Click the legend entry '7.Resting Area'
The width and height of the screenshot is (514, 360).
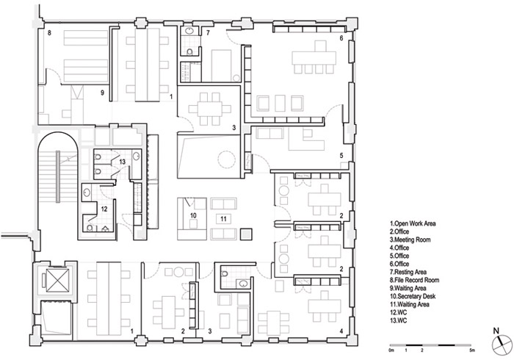point(408,272)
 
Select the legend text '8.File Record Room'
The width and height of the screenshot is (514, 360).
point(414,280)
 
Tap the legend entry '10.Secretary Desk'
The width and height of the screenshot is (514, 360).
point(413,296)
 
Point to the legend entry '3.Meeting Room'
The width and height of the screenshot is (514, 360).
point(410,240)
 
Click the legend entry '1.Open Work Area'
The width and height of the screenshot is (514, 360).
point(413,223)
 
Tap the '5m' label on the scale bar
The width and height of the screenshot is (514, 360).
point(471,350)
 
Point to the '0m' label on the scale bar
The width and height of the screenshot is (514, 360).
point(392,350)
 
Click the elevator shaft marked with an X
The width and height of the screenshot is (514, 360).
point(57,280)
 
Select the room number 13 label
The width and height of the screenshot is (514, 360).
point(123,162)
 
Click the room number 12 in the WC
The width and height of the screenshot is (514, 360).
point(104,209)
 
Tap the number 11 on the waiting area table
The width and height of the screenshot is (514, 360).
point(223,219)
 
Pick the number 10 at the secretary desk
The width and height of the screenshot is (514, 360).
point(193,215)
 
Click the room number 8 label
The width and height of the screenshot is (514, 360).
point(49,33)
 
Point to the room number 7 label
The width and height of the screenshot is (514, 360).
point(208,32)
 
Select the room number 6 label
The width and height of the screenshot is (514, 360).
point(341,38)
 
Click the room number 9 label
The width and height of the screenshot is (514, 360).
point(102,93)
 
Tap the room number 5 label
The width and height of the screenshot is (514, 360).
point(341,156)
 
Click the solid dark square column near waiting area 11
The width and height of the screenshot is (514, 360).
point(246,234)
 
